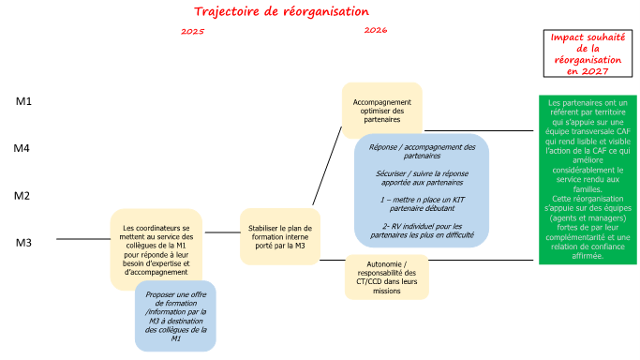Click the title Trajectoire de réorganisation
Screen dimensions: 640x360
coord(281,11)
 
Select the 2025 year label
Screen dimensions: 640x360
coord(193,32)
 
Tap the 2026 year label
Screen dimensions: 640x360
coord(376,30)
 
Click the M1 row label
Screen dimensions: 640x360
coord(23,101)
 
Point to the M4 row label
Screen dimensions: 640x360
coord(22,148)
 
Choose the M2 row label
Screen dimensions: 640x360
coord(22,196)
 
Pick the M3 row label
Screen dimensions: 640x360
coord(23,243)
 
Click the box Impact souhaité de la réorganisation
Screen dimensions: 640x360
coord(588,53)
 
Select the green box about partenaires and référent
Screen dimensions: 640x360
coord(588,180)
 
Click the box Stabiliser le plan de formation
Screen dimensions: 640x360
coord(280,237)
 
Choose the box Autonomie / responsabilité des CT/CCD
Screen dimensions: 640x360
coord(387,277)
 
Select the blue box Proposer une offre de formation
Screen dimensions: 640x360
coord(175,316)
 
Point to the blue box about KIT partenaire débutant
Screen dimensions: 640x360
coord(422,190)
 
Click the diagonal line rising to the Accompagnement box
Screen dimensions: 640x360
coord(327,166)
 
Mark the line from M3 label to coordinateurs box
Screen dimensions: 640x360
coord(83,239)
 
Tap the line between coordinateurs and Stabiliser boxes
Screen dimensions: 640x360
coord(222,232)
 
